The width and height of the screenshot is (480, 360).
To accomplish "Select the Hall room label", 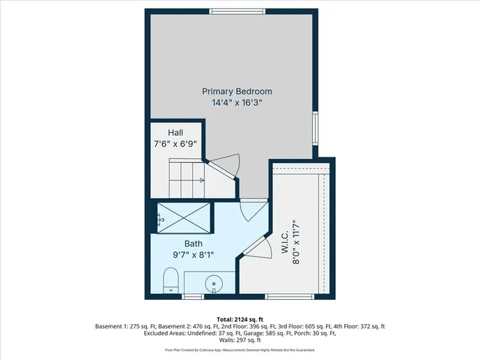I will point(175,133).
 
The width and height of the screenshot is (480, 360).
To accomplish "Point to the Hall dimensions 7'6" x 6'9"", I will point(175,144).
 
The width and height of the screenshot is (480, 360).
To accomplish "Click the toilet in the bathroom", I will point(170,283).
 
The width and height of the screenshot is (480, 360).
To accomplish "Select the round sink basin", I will point(214,285).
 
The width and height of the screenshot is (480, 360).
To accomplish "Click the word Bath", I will point(194,243).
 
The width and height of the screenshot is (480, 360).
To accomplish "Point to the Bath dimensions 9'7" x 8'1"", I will point(194,254).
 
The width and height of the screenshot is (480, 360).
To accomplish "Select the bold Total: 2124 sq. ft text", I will point(239,318).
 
